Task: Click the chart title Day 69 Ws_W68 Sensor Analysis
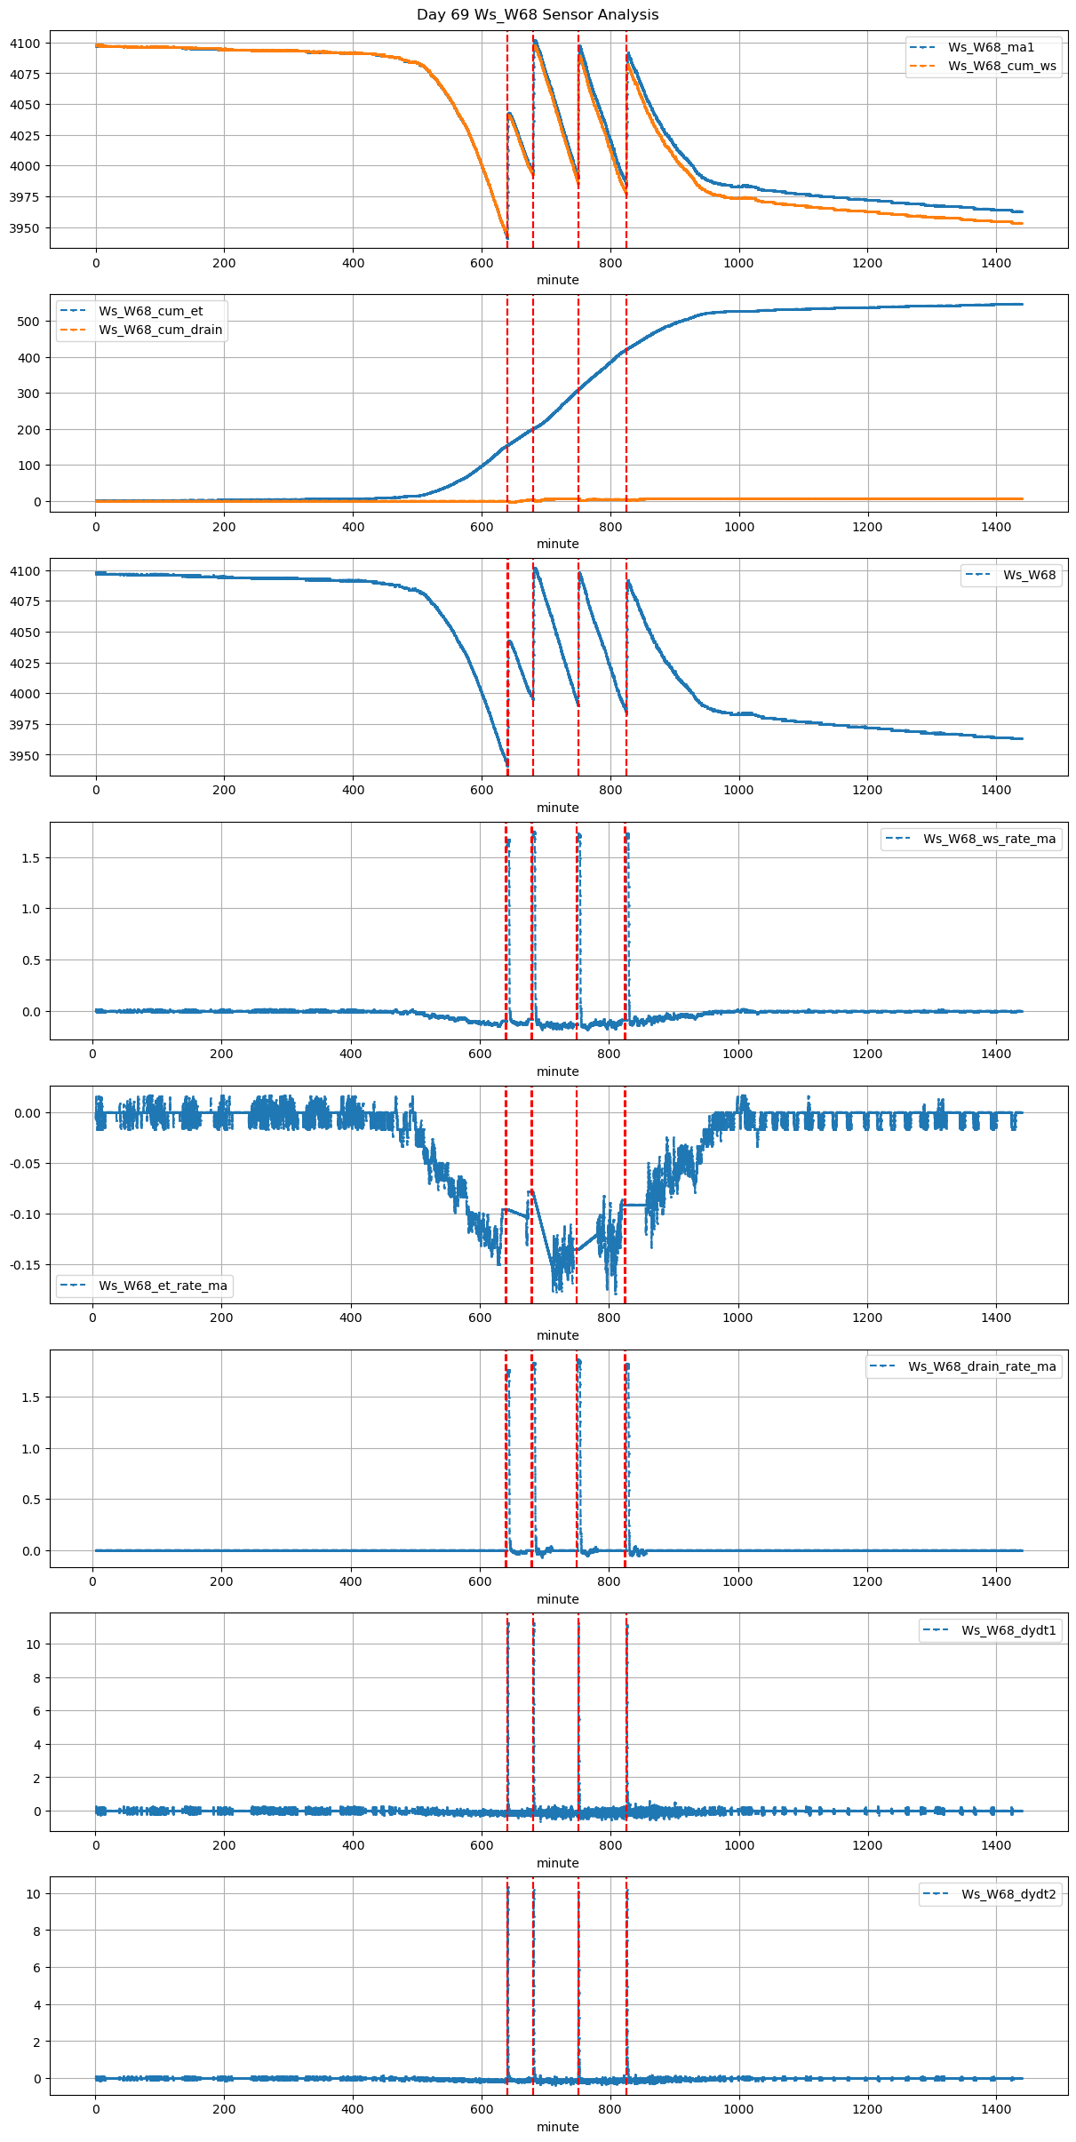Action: tap(538, 15)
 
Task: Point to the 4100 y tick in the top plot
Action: tap(25, 44)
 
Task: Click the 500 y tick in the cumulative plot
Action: tap(30, 322)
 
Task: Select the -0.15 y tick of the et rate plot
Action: tap(24, 1265)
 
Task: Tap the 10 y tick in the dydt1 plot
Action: tap(34, 1644)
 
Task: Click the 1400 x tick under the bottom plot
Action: tap(996, 2108)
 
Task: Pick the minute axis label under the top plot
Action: tap(557, 280)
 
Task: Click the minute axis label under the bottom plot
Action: tap(557, 2127)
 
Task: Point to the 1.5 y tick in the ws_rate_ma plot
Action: tap(32, 858)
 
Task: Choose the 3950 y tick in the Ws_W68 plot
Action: tap(25, 756)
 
